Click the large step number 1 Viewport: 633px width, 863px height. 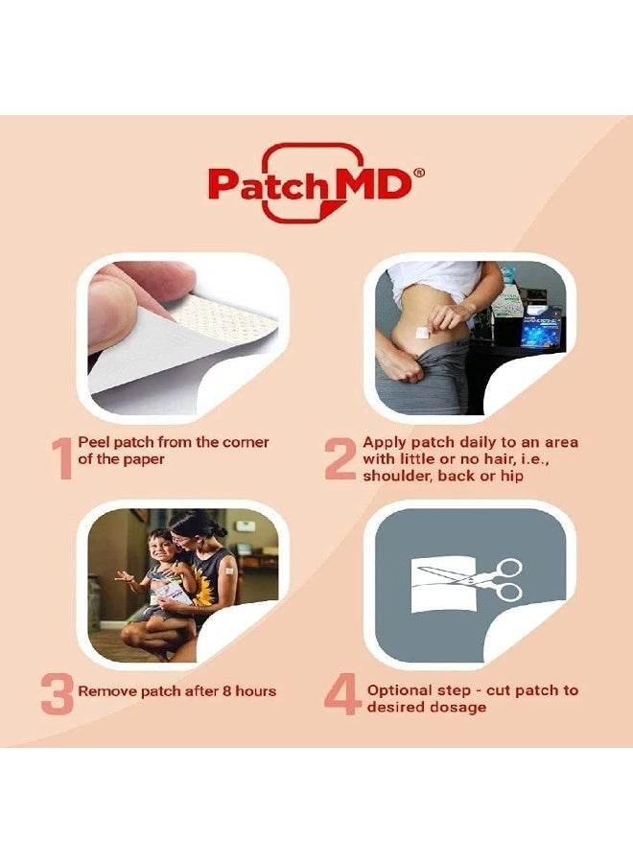tap(62, 459)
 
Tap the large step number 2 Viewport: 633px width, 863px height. tap(340, 459)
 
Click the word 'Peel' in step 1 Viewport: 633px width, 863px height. tap(97, 442)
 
